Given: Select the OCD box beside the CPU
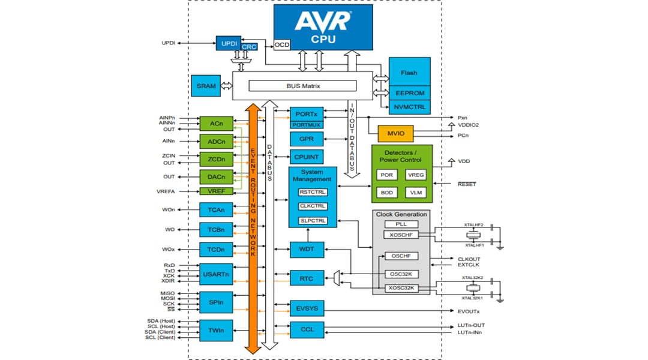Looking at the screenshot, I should click(x=281, y=45).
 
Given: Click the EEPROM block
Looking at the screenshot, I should click(x=409, y=93).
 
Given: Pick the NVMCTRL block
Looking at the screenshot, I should click(x=409, y=107).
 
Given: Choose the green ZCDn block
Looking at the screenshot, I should click(x=216, y=160).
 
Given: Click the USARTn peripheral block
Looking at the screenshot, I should click(x=216, y=274).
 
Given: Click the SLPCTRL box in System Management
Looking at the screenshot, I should click(x=313, y=220).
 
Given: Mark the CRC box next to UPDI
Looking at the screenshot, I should click(x=250, y=47).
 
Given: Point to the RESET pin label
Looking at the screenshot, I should click(x=466, y=184).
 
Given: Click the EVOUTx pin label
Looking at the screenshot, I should click(x=468, y=311).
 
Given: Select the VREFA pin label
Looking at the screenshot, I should click(x=165, y=191).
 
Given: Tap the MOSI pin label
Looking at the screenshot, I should click(x=167, y=298).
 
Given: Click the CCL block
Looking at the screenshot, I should click(x=307, y=329).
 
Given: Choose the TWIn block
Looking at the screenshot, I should click(x=216, y=330).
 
